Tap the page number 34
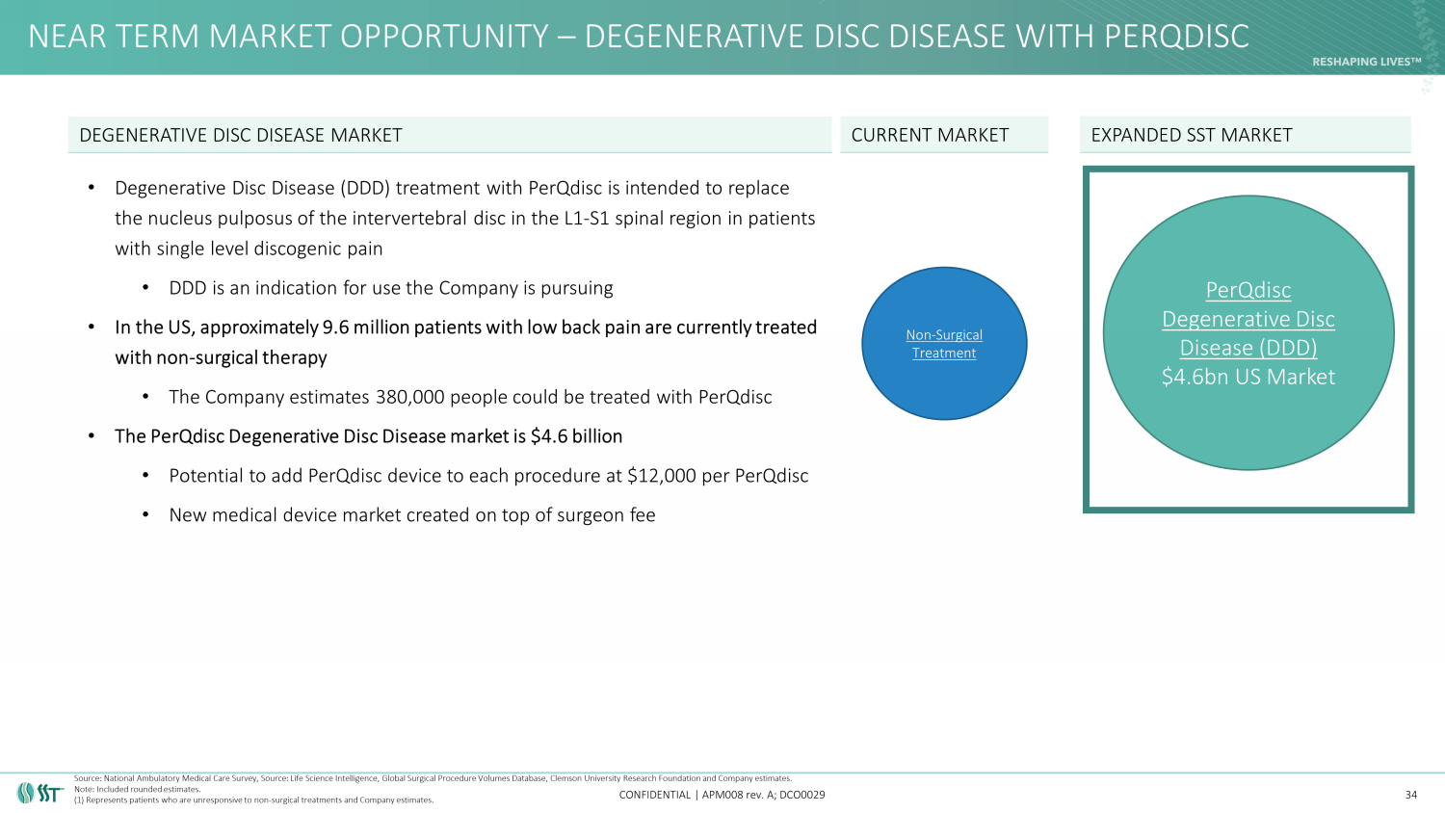pos(1411,795)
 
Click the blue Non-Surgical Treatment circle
pos(944,343)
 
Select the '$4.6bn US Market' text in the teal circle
pos(1248,377)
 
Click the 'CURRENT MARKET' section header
pos(930,135)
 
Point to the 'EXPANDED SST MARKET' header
pos(1192,135)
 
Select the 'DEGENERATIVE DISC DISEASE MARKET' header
pos(241,135)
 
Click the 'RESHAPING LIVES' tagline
pos(1367,62)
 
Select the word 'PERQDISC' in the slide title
pos(1176,37)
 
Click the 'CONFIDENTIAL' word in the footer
pos(655,795)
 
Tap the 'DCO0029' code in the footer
pos(801,795)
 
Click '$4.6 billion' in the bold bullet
pos(576,436)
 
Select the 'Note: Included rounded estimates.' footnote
pos(138,789)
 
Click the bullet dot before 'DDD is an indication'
pos(145,288)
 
